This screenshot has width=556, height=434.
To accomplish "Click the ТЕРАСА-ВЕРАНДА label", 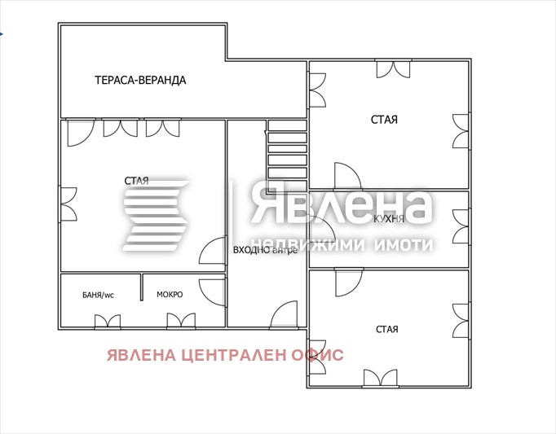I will [x=140, y=80].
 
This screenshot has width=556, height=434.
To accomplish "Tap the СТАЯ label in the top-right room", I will [x=384, y=120].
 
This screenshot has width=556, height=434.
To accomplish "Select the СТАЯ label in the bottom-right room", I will [x=387, y=329].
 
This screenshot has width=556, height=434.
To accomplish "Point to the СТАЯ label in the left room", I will [x=136, y=180].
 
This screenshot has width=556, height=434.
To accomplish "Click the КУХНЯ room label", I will [x=389, y=220].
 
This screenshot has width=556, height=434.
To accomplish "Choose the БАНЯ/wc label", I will [x=97, y=295].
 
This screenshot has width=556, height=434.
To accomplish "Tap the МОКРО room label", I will [x=170, y=294].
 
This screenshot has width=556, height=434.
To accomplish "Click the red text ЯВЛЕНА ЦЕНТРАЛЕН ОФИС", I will [x=224, y=355].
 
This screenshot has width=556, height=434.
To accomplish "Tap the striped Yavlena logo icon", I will [x=155, y=215].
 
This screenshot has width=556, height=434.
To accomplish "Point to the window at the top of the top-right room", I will [x=392, y=69].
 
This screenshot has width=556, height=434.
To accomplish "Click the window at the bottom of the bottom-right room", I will [x=380, y=379].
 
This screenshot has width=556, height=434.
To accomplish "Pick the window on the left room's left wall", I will [x=68, y=204].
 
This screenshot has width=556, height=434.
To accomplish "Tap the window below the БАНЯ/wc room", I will [x=107, y=322].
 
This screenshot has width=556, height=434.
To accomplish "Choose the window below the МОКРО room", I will [x=180, y=322].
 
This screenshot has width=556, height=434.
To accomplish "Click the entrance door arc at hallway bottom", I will [x=285, y=314].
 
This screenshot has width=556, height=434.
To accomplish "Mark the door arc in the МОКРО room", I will [x=214, y=292].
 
